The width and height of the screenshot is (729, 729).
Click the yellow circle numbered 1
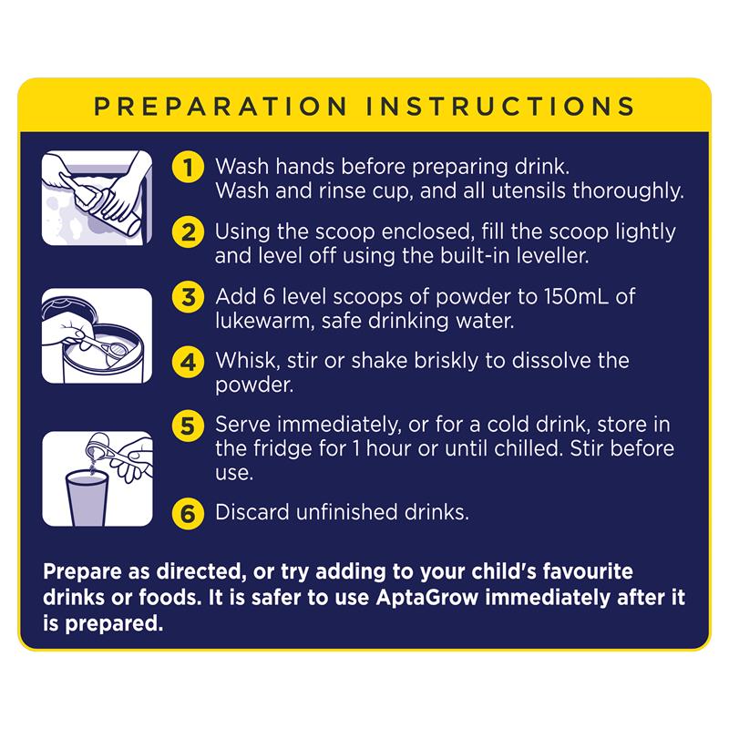coord(188,167)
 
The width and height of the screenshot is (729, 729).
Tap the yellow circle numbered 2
coord(188,231)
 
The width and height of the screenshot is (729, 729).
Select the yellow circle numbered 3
coord(188,297)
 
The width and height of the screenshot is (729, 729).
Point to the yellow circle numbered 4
coord(188,361)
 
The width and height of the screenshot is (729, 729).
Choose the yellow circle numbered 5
coord(188,426)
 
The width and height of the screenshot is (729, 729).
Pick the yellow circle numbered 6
coord(188,513)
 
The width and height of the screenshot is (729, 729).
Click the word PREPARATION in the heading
coord(221,107)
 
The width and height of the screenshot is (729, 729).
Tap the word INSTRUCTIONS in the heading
coord(500,107)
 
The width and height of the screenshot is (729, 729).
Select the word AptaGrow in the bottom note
coord(427,598)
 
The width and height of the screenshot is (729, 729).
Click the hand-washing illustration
coord(97,198)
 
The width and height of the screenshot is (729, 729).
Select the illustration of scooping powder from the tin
coord(97,335)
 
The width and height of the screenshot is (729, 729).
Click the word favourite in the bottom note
coord(588,571)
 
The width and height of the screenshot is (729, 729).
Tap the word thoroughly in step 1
coord(628,191)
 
